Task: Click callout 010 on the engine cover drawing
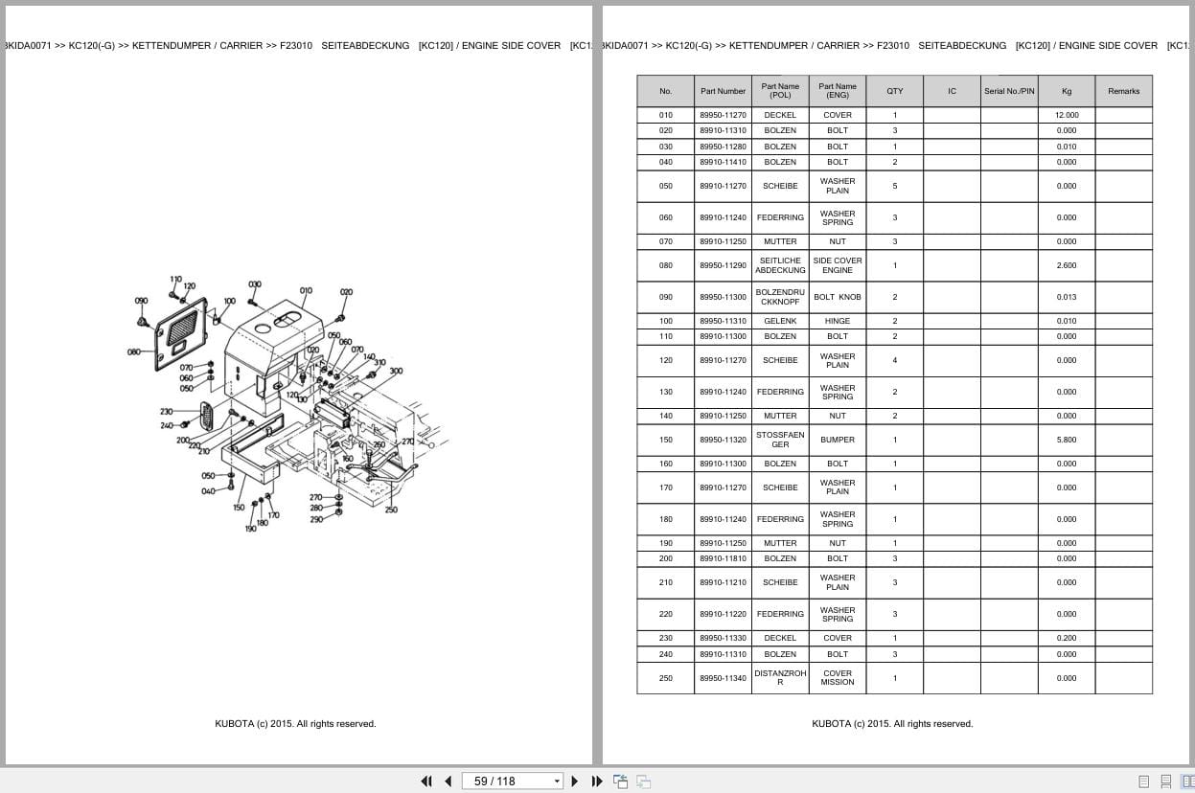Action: [306, 290]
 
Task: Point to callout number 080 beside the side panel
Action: [134, 351]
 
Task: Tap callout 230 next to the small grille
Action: [166, 412]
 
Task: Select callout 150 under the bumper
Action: [239, 508]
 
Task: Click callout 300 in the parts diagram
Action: [396, 372]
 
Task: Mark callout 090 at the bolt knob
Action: [141, 301]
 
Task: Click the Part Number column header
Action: [723, 91]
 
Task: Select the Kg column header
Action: [1067, 91]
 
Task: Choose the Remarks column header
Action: [1123, 91]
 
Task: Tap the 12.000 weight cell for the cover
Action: [1067, 115]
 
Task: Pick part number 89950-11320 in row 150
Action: [723, 440]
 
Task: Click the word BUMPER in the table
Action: [838, 440]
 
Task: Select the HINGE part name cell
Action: [838, 321]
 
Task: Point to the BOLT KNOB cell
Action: [838, 297]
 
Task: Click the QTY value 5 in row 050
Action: [894, 186]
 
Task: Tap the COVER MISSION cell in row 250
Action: [838, 678]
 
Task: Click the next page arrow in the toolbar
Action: [575, 782]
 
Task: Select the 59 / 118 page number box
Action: [508, 782]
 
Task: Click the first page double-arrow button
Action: [426, 782]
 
